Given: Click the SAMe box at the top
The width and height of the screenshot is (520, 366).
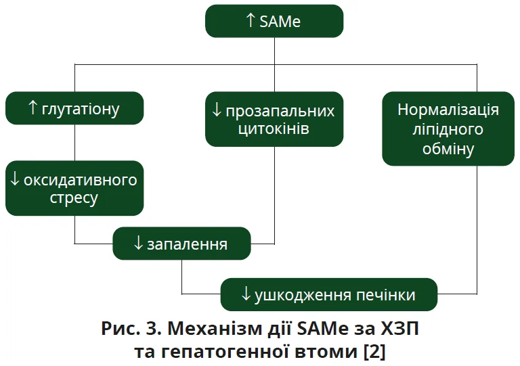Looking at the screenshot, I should [x=274, y=21].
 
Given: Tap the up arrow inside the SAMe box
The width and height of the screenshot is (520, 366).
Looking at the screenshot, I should [x=251, y=20].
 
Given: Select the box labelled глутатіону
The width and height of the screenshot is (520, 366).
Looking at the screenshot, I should [x=74, y=108].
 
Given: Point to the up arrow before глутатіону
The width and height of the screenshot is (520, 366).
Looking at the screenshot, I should [x=32, y=108].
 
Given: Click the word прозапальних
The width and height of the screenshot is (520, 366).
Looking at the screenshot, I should [x=280, y=110].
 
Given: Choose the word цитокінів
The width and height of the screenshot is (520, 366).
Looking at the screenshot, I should [x=274, y=128].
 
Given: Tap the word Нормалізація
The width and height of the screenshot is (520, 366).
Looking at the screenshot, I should [x=448, y=110].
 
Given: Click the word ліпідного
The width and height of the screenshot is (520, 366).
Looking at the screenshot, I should [x=448, y=129].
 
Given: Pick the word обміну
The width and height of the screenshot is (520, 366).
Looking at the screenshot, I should [x=448, y=148].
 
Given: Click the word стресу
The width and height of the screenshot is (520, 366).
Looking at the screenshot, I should [x=74, y=198].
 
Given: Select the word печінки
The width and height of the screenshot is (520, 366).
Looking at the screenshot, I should [x=387, y=295].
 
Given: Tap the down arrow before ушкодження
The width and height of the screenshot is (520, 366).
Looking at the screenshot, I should [x=246, y=295].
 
